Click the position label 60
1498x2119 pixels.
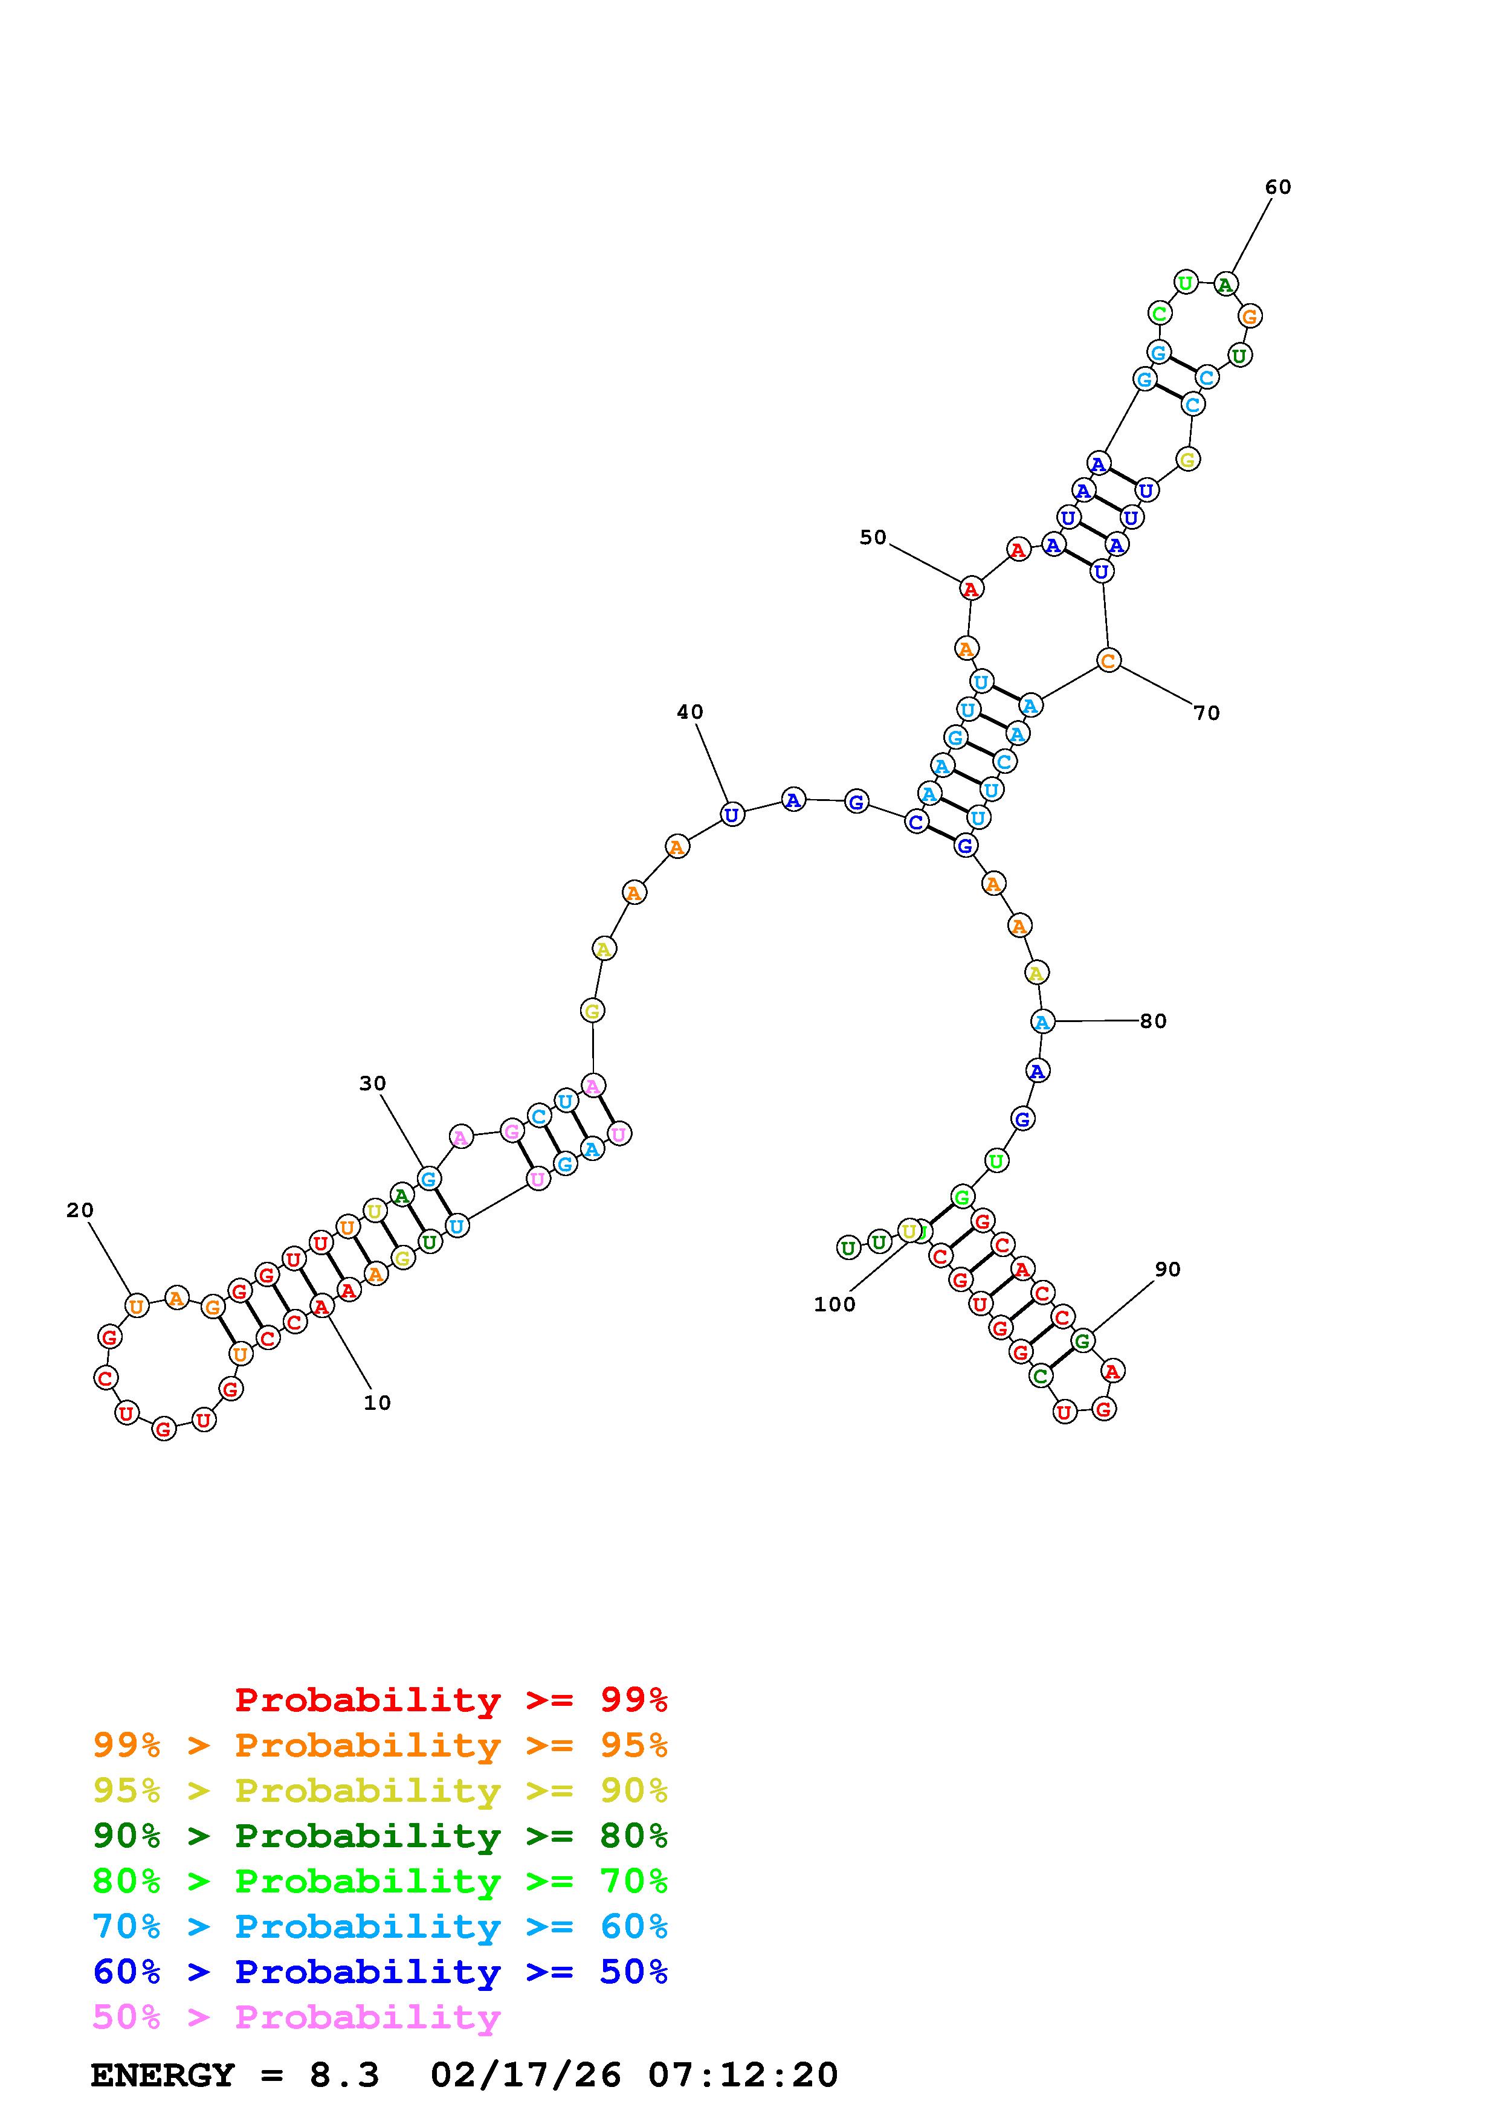(x=1277, y=187)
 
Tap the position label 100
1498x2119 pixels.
(x=835, y=1304)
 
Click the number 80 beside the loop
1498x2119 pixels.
(x=1153, y=1021)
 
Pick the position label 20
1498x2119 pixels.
(x=80, y=1210)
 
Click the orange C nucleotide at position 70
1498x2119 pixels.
(x=1108, y=660)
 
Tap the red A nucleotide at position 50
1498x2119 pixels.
(x=970, y=588)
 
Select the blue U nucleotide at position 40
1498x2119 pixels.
(x=732, y=815)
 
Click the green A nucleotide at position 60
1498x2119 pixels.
(x=1225, y=285)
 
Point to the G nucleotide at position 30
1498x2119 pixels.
(x=427, y=1178)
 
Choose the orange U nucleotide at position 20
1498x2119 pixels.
(x=137, y=1306)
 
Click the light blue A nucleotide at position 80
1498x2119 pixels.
(x=1042, y=1021)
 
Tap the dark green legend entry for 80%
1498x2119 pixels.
(x=380, y=1836)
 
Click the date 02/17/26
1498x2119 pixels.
(x=526, y=2075)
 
